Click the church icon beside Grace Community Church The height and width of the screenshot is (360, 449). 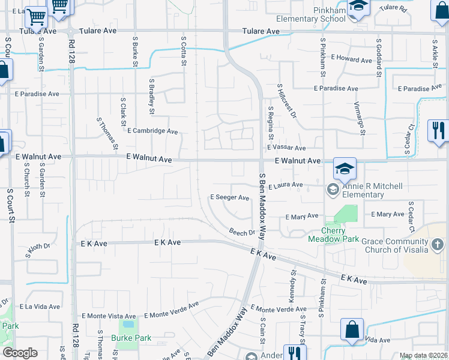tap(437, 244)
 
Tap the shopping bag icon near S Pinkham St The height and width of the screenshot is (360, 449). tap(352, 330)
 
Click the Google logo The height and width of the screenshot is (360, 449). tap(20, 353)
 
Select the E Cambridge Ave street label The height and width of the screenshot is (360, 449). tap(152, 131)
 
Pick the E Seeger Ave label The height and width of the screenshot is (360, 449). tap(229, 197)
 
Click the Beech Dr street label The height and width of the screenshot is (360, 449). tap(243, 232)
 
